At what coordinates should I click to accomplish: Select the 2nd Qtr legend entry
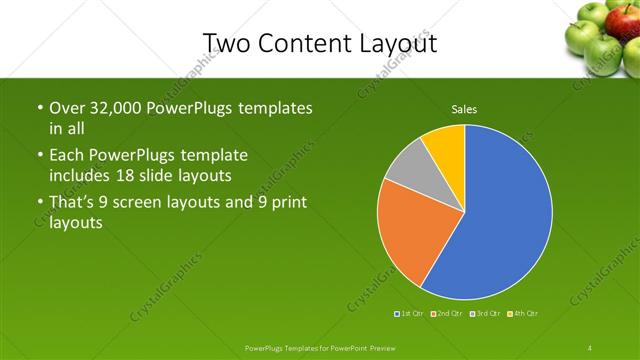[446, 314]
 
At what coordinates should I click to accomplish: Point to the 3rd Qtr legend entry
[484, 314]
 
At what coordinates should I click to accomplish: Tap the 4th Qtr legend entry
[523, 314]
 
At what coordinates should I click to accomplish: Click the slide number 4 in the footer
[590, 348]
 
